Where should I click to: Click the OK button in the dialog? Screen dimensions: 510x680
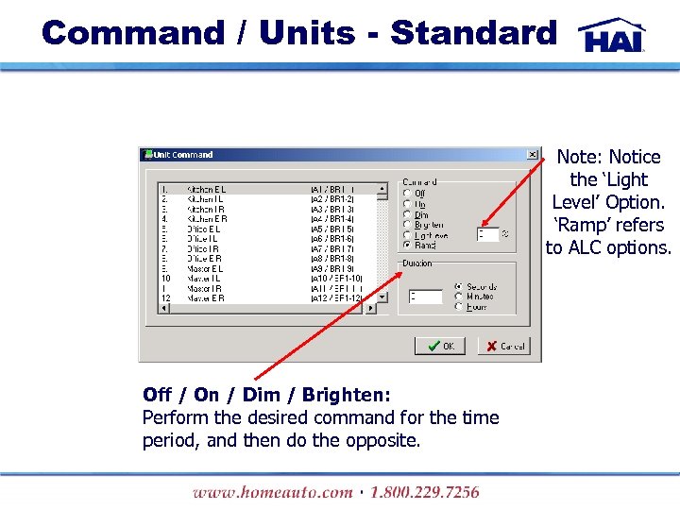coord(439,346)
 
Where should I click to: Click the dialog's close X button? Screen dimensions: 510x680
coord(533,155)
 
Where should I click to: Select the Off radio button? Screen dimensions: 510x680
coord(408,194)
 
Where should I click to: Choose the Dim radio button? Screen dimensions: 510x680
coord(408,214)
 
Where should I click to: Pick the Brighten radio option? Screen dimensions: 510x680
coord(408,225)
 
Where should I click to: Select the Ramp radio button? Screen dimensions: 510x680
coord(408,246)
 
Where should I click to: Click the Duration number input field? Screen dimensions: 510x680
coord(426,297)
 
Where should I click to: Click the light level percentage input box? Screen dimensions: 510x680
coord(486,234)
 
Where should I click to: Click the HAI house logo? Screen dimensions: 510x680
coord(613,35)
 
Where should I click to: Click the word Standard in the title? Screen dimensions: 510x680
coord(474,33)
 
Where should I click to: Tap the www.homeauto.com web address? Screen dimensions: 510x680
coord(272,492)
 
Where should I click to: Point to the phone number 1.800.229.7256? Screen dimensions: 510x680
coord(425,492)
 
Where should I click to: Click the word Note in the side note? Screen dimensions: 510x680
coord(579,157)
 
